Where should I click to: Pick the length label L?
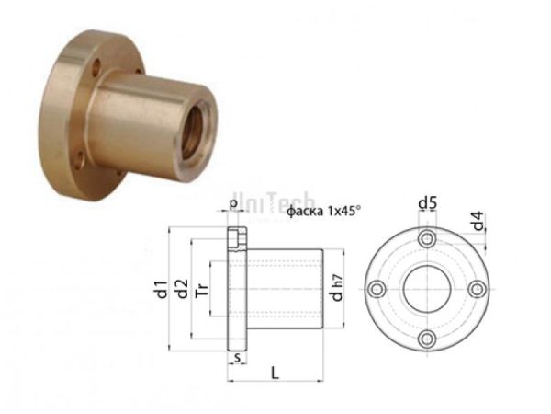(275, 371)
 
